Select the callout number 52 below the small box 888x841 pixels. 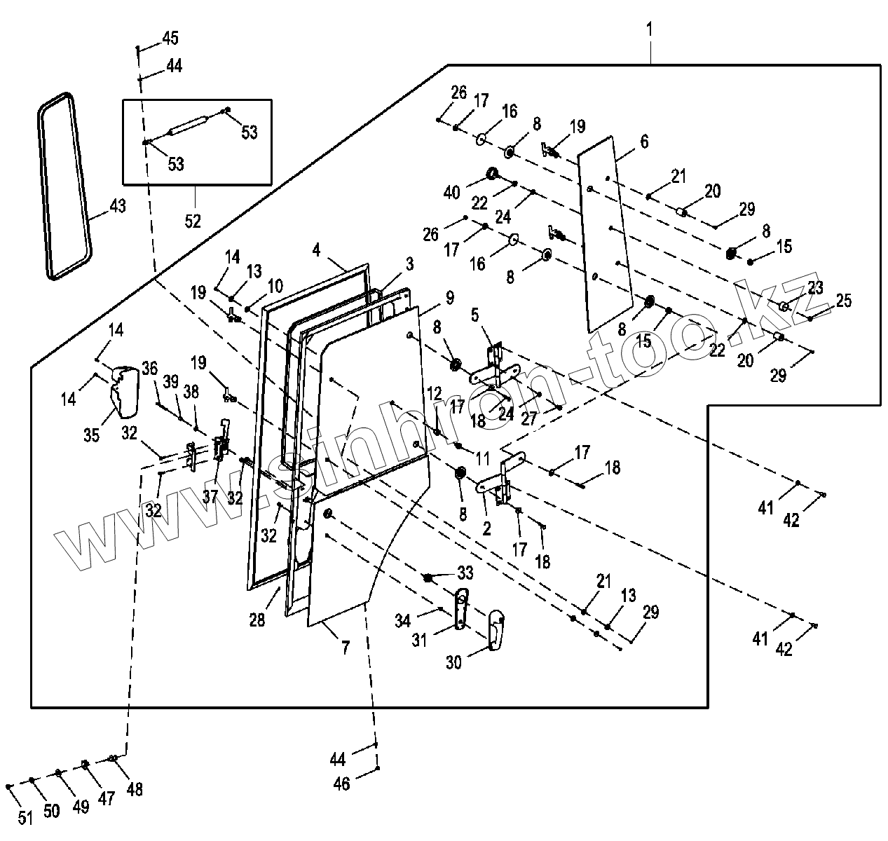tap(193, 221)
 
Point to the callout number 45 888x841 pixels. tap(170, 38)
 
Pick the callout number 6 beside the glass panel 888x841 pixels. tap(643, 142)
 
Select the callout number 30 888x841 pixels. tap(453, 661)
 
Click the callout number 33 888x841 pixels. tap(465, 573)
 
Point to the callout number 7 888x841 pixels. tap(345, 648)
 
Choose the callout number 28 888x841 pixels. tap(258, 620)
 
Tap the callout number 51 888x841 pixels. tap(25, 816)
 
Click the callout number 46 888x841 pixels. tap(341, 784)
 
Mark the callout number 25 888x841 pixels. tap(843, 301)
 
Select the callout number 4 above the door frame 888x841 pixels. tap(317, 249)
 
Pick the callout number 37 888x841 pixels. tap(210, 498)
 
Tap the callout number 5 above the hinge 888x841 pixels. tap(475, 315)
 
